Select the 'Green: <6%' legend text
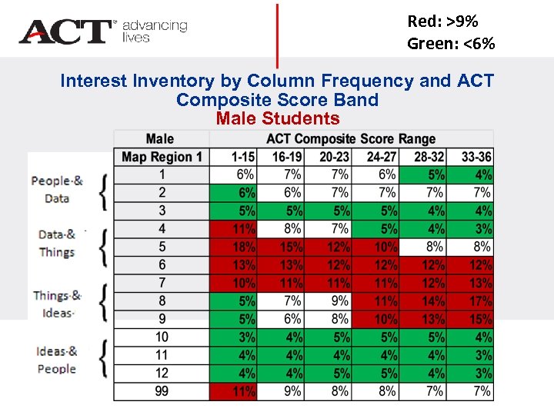click(451, 44)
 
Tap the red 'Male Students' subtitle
click(277, 118)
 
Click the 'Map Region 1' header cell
click(162, 157)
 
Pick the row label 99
click(162, 391)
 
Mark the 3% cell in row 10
click(245, 337)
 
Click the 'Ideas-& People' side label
click(56, 360)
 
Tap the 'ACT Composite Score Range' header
click(351, 139)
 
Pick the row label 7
click(162, 283)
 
